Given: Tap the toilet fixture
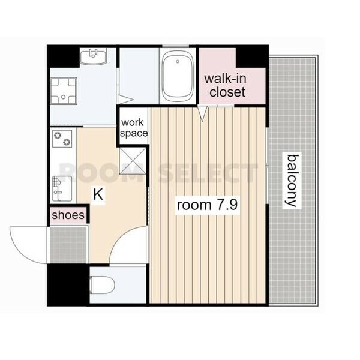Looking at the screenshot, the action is [102, 285].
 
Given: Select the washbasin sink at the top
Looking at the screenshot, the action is [93, 56].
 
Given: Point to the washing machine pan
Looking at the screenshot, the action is [64, 91].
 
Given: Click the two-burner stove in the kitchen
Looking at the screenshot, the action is [62, 139].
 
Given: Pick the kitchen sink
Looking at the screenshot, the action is [62, 188].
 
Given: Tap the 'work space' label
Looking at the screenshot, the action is [134, 128].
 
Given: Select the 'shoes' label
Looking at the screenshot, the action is [68, 215].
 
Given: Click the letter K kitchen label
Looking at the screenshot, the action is [98, 194].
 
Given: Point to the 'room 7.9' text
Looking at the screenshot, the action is [208, 205].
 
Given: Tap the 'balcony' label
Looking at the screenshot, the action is [292, 181].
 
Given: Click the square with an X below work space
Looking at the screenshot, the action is [133, 161].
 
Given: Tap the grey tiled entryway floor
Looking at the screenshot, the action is [68, 245].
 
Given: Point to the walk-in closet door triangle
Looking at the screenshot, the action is [202, 113].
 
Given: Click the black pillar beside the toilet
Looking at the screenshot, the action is [68, 284].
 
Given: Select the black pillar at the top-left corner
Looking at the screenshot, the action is [64, 56].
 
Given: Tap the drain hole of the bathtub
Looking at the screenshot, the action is [178, 61].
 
